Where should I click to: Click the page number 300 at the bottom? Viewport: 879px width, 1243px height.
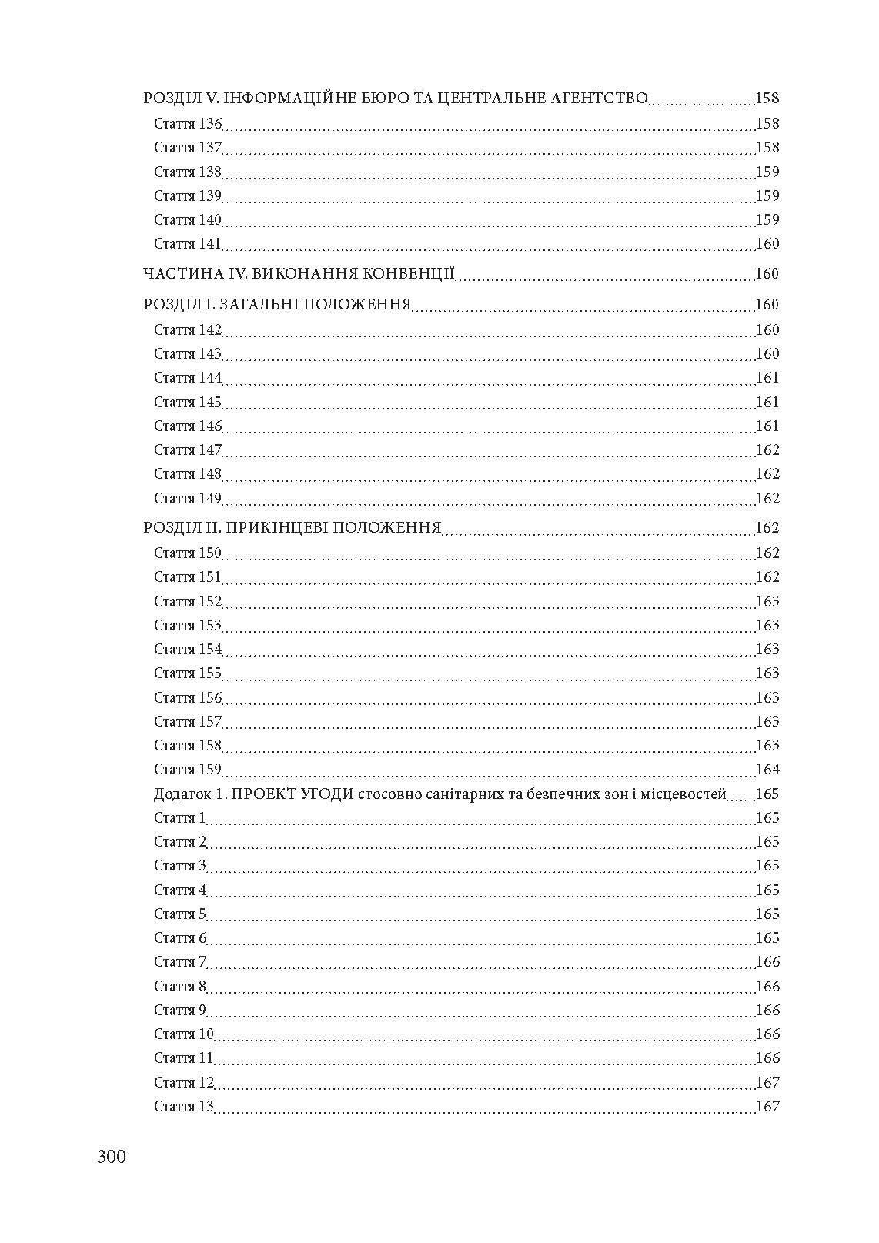(112, 1157)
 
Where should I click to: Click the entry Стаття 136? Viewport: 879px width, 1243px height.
(187, 124)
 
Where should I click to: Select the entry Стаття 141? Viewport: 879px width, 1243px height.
(187, 244)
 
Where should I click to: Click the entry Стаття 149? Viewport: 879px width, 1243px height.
(187, 499)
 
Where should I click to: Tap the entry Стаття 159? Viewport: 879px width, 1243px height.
(187, 770)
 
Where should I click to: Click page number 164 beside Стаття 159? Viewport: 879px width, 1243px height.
(767, 770)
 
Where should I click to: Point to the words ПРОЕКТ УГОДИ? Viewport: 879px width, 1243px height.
(292, 794)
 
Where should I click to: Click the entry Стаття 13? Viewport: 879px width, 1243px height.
(183, 1107)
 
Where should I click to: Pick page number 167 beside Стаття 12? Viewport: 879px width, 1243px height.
(767, 1083)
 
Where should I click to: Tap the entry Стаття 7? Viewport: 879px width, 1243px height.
(180, 962)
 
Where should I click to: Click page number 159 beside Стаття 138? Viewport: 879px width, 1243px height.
(767, 172)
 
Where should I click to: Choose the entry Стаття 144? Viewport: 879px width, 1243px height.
(187, 378)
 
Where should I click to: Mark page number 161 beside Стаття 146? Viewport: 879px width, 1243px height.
(767, 426)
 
